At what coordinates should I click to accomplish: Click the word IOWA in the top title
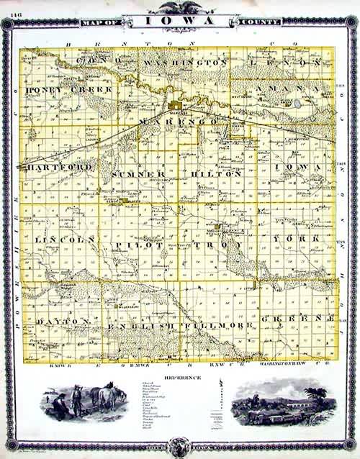coord(180,21)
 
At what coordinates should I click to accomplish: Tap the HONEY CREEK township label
coord(69,90)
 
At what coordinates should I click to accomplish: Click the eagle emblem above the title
coord(180,7)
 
